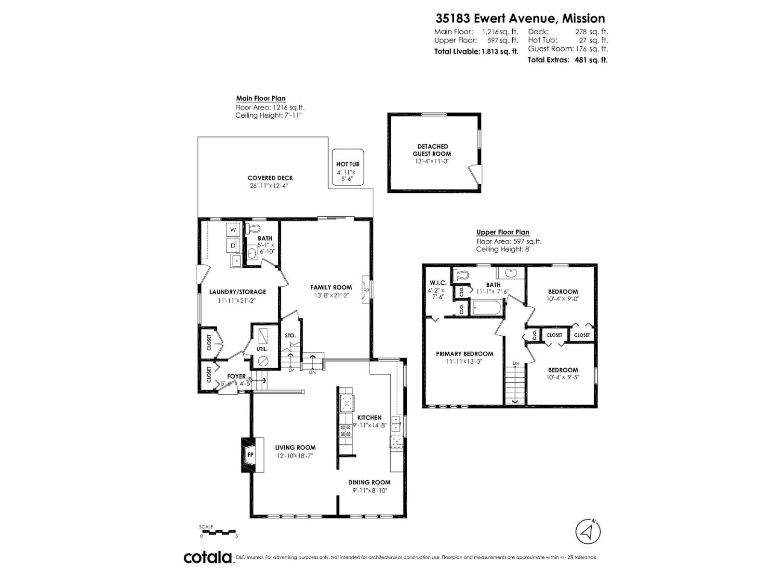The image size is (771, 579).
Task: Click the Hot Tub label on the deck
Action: (347, 164)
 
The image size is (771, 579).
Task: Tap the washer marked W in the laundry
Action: (233, 230)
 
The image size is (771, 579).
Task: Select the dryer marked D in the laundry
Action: (233, 246)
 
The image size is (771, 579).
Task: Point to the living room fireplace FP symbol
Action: (250, 455)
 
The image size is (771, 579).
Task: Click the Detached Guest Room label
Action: (432, 150)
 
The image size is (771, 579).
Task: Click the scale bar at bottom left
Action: (218, 531)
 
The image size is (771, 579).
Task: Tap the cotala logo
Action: (208, 558)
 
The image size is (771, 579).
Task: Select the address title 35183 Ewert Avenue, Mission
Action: (520, 18)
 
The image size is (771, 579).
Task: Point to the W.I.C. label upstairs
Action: (438, 282)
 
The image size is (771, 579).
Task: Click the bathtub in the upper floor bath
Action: (487, 308)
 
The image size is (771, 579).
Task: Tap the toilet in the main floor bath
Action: (253, 228)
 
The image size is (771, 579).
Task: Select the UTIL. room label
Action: (262, 349)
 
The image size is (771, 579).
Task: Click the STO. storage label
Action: (290, 335)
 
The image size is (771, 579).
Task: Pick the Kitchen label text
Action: (369, 418)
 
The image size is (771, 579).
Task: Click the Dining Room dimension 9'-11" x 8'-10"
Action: (370, 491)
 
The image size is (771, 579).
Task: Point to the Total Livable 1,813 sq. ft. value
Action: (499, 52)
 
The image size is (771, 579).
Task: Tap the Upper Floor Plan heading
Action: (503, 232)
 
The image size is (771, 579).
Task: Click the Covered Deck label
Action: (270, 178)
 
